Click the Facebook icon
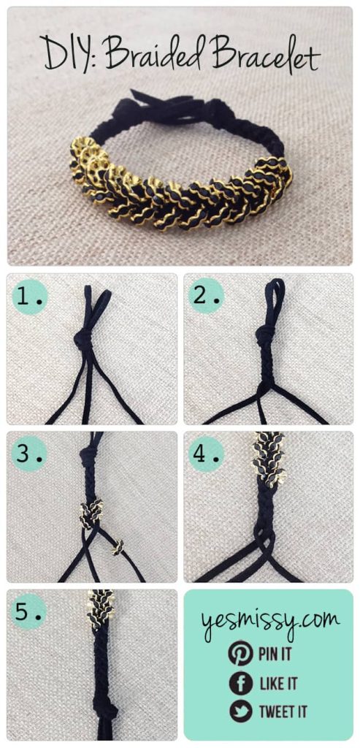[x=240, y=683]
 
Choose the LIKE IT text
[x=277, y=684]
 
